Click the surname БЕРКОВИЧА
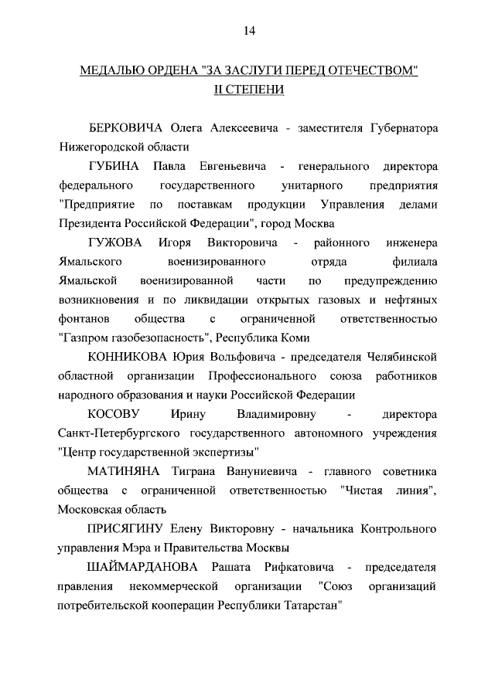pos(126,127)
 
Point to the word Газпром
pos(87,338)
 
